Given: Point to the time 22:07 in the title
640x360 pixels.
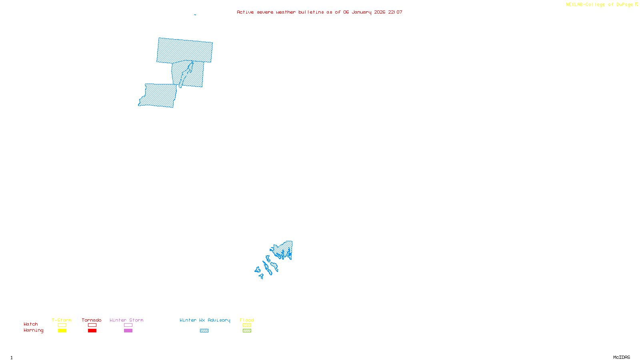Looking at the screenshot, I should [x=395, y=12].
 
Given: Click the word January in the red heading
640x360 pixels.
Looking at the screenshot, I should [x=362, y=12].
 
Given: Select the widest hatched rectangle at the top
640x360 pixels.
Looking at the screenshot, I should [x=184, y=50].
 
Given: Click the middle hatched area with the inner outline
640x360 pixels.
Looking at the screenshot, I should [x=196, y=74].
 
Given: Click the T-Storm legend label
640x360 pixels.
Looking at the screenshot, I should [x=62, y=320].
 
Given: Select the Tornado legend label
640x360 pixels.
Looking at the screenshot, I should [x=92, y=320].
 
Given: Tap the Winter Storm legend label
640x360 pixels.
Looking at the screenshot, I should [x=126, y=320].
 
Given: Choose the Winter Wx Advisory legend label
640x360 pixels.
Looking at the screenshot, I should [x=205, y=320].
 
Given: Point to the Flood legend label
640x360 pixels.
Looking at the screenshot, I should [x=247, y=320].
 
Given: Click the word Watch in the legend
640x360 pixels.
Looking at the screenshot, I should [x=31, y=324].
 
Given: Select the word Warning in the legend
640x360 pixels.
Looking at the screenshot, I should [x=33, y=330].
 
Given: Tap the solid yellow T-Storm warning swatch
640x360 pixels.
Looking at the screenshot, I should [x=62, y=331].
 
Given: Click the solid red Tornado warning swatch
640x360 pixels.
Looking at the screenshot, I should [x=92, y=331].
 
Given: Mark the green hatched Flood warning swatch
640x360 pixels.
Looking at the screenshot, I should [x=247, y=331].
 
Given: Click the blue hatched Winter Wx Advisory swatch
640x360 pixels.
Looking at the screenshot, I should [x=204, y=331].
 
